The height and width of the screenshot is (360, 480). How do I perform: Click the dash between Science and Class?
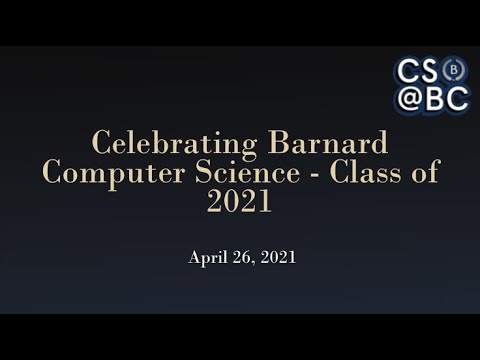click(305, 173)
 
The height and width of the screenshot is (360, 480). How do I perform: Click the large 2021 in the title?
click(239, 201)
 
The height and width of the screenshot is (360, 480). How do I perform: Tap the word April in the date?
click(207, 258)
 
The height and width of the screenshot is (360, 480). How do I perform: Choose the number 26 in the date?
click(241, 257)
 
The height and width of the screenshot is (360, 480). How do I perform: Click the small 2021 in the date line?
click(277, 257)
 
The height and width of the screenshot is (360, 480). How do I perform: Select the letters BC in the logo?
click(446, 98)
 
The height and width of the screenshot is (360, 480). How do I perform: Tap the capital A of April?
click(195, 257)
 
